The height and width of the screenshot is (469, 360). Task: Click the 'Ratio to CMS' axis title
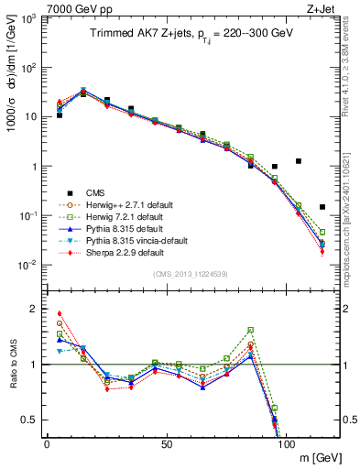(12, 365)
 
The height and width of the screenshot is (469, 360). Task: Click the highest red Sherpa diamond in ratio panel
(60, 313)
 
